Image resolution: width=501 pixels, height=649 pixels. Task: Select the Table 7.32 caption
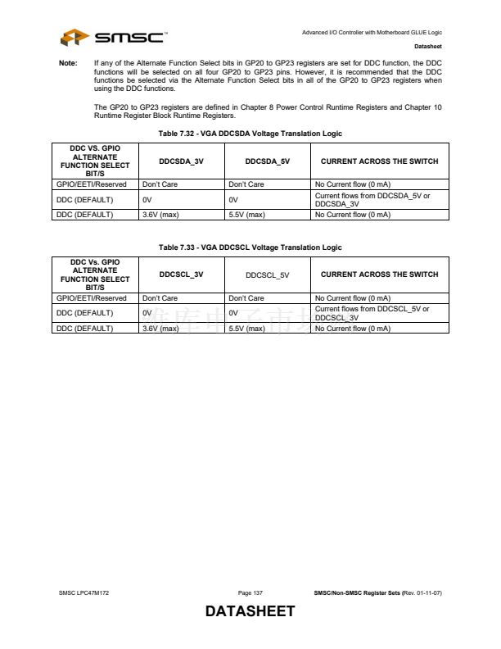point(250,134)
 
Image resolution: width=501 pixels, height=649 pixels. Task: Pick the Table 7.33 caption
point(250,247)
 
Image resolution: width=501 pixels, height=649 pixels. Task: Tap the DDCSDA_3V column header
point(181,161)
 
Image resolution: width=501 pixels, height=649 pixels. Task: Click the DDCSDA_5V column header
point(267,161)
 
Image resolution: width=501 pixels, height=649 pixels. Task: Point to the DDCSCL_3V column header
point(181,275)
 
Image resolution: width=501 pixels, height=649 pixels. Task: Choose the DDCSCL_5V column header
point(267,275)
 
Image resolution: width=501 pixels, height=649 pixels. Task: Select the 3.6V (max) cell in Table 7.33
point(160,328)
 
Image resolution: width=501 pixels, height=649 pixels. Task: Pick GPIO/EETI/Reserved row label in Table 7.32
point(91,184)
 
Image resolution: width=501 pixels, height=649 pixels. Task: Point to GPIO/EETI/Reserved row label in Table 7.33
point(91,297)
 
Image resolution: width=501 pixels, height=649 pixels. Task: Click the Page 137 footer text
point(250,592)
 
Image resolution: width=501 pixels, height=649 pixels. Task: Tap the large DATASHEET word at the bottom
point(250,612)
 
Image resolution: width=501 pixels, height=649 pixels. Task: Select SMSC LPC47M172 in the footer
point(83,592)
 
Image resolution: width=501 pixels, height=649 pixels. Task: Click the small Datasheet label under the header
point(428,46)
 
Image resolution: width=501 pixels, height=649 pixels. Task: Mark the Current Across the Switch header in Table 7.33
point(379,275)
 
